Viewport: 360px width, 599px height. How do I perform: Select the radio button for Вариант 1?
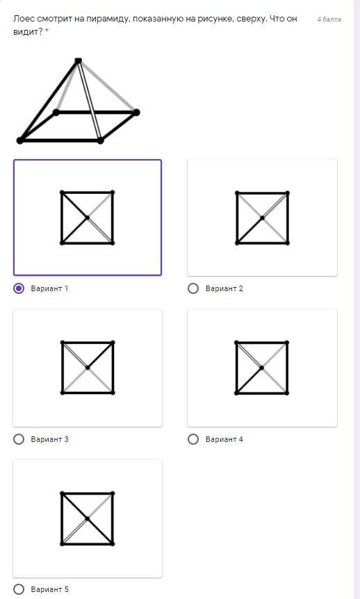pos(18,288)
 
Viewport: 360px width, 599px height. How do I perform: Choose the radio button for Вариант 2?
pos(193,288)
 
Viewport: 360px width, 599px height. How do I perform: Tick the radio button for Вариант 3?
pos(18,439)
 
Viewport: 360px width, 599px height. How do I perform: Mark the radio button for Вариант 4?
pos(193,439)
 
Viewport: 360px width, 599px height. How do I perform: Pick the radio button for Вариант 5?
pos(18,589)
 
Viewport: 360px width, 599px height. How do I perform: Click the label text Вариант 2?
pos(224,288)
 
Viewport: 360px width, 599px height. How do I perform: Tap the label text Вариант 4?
pos(224,439)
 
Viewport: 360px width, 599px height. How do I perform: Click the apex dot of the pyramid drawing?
pos(79,60)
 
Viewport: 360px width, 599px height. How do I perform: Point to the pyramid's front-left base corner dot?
pos(20,141)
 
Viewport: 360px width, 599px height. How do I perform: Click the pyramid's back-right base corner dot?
pos(136,113)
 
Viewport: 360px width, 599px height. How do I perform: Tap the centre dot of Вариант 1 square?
pos(87,218)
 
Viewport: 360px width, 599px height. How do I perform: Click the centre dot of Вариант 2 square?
pos(262,218)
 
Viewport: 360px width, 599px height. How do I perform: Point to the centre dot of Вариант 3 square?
pos(88,368)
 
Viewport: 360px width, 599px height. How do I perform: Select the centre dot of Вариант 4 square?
pos(262,368)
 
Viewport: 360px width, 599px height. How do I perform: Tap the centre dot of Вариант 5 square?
pos(88,519)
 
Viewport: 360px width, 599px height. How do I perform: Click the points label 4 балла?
pos(329,19)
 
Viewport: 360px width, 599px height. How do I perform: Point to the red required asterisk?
pos(47,31)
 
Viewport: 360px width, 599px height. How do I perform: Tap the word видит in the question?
pos(26,32)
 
